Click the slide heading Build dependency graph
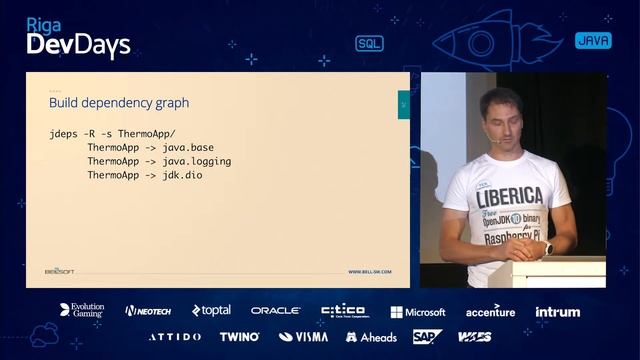(119, 102)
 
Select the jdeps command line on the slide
(112, 133)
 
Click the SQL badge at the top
(369, 43)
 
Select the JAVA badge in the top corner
(593, 41)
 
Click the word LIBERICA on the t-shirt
(509, 194)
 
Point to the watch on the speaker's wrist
(547, 248)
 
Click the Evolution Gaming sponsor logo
(81, 311)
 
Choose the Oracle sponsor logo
(275, 311)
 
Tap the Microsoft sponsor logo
(418, 312)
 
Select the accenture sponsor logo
(490, 311)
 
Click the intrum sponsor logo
(557, 311)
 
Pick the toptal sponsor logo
(211, 311)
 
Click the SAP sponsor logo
(427, 336)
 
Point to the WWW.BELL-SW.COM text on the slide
(370, 271)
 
